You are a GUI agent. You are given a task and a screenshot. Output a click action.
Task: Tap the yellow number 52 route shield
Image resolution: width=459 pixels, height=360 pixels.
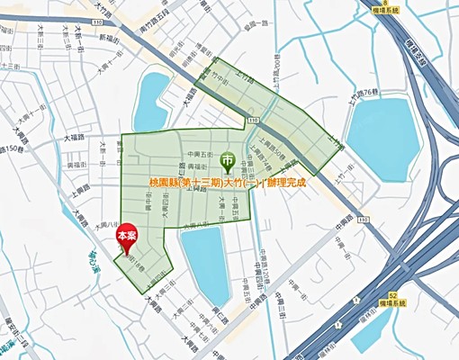[x=394, y=294]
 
